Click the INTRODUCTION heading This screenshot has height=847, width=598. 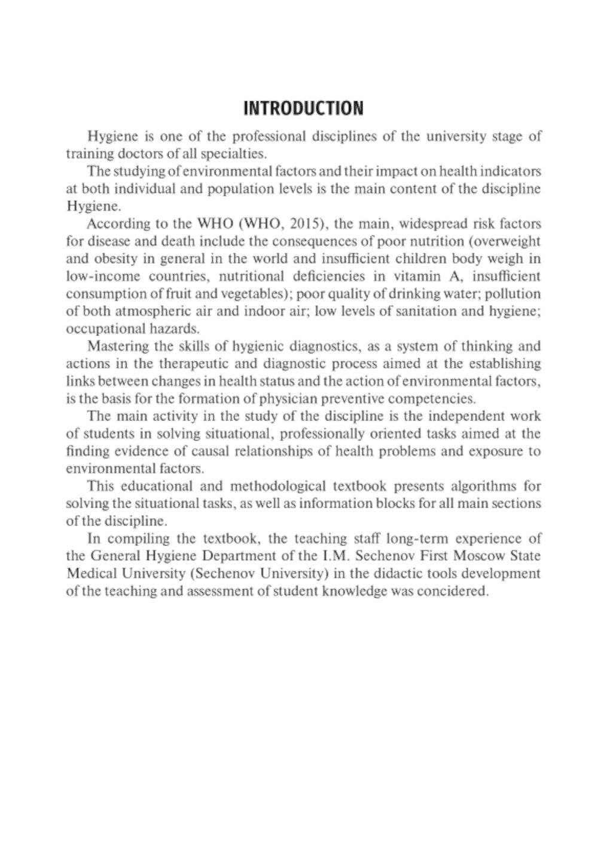click(303, 108)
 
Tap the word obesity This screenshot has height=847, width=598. click(110, 259)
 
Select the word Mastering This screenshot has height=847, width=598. click(117, 346)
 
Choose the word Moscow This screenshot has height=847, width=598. click(482, 556)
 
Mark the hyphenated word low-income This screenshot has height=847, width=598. click(103, 276)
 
